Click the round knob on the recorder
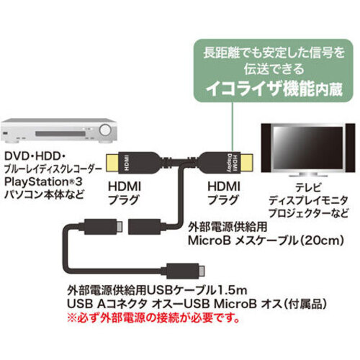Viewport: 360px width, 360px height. (x=105, y=130)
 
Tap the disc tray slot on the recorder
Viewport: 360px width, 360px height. (x=60, y=133)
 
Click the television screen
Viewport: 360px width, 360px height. (x=307, y=148)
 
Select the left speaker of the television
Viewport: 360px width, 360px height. (x=266, y=148)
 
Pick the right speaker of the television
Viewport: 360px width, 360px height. (x=350, y=148)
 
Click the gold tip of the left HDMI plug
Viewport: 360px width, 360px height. (x=112, y=163)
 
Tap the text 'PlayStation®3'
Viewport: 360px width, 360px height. (x=43, y=181)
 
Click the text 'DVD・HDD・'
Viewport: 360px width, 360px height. (x=35, y=156)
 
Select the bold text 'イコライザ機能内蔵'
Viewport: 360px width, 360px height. (x=274, y=89)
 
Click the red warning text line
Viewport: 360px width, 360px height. (x=153, y=318)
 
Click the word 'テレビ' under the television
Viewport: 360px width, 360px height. (x=308, y=187)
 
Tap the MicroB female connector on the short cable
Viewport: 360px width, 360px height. (x=145, y=227)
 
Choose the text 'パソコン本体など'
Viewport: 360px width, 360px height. (x=44, y=194)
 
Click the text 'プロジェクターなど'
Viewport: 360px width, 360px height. (x=308, y=213)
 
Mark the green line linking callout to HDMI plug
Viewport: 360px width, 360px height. (x=233, y=127)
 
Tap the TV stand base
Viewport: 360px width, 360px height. (x=307, y=175)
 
